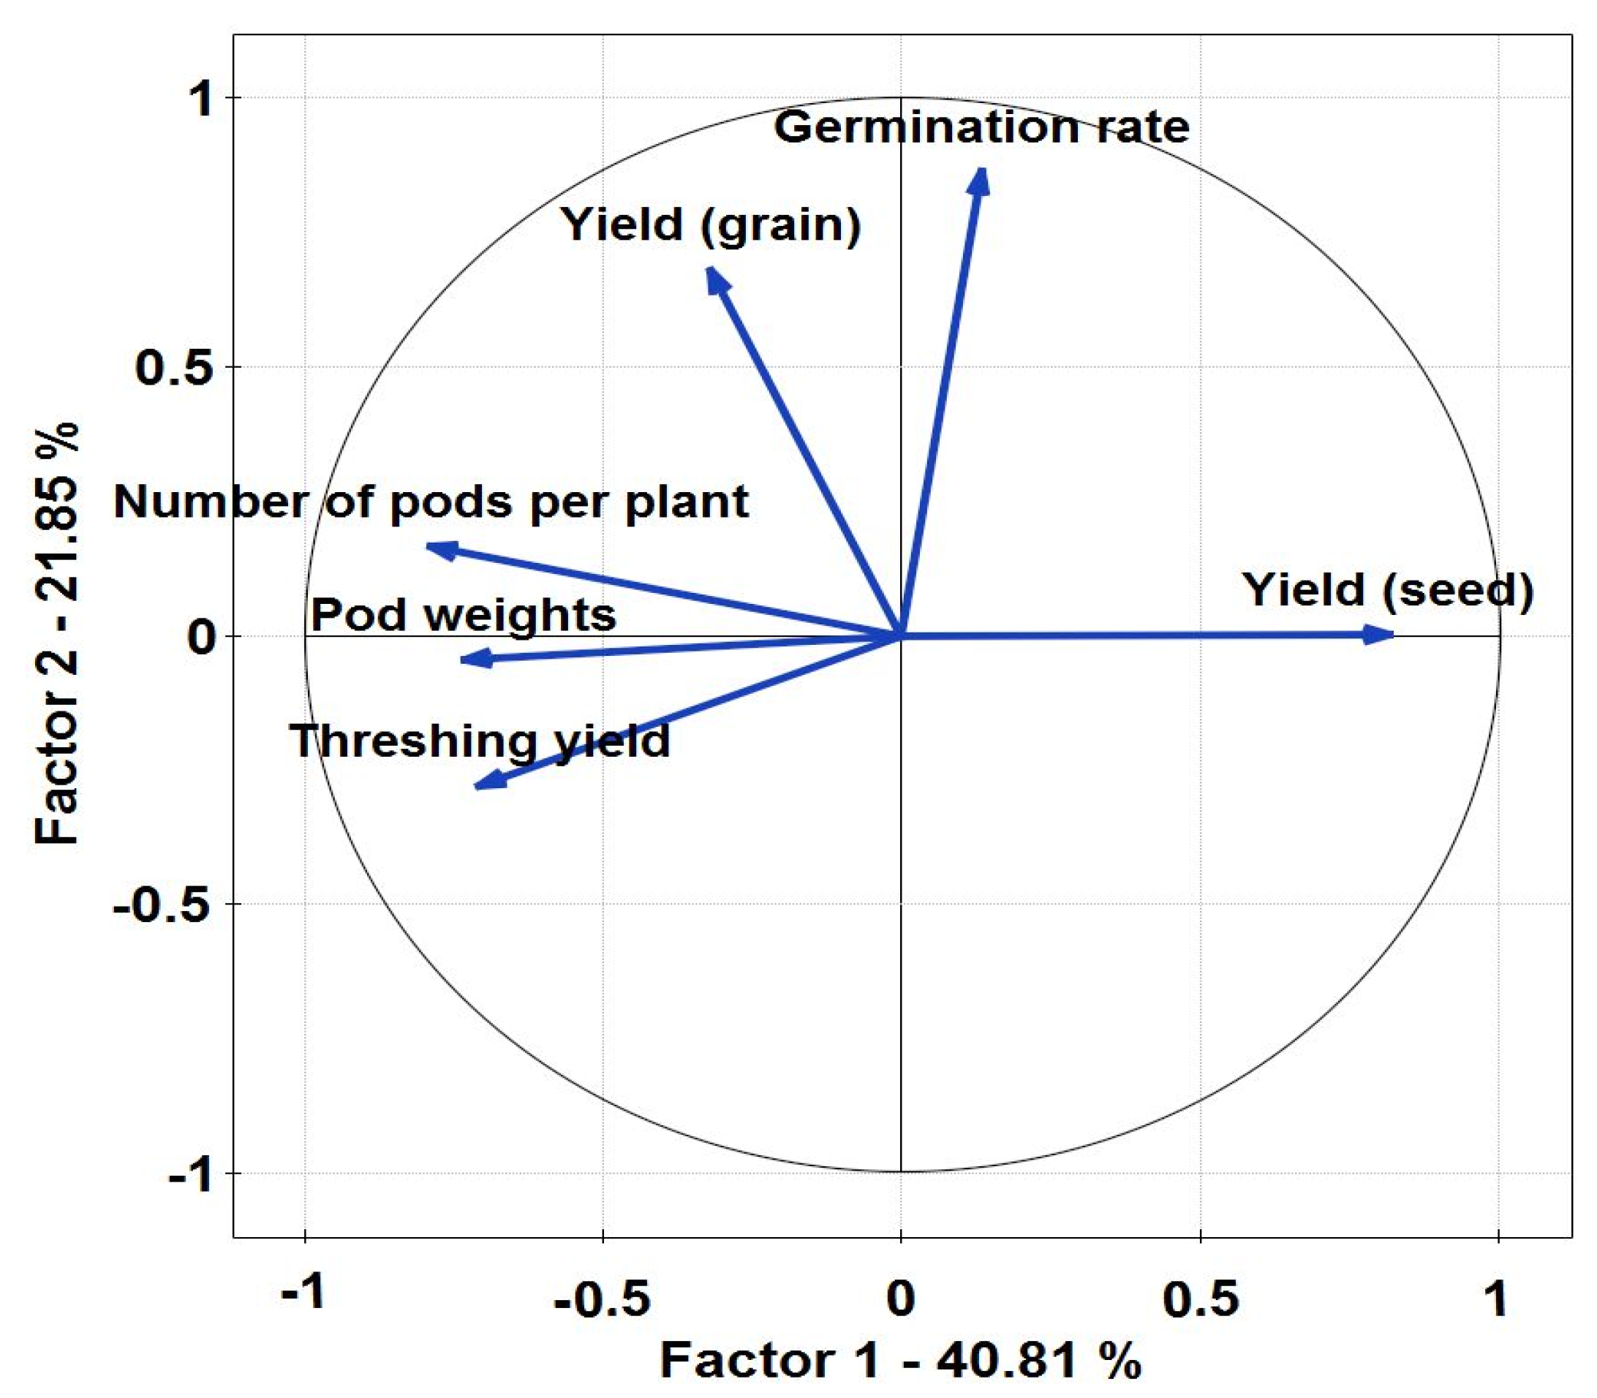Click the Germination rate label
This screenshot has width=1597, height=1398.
pyautogui.click(x=981, y=127)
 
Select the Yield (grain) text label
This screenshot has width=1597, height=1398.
pyautogui.click(x=711, y=224)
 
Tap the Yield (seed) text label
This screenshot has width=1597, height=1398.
pyautogui.click(x=1388, y=590)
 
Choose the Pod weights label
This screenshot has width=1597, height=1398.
pyautogui.click(x=464, y=616)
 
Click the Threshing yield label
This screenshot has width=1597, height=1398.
pyautogui.click(x=480, y=741)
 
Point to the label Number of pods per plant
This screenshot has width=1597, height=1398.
pyautogui.click(x=431, y=502)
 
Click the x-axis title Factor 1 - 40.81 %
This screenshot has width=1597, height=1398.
pyautogui.click(x=900, y=1362)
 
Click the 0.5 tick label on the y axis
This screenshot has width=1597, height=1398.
pyautogui.click(x=175, y=366)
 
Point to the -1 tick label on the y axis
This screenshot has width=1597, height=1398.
pyautogui.click(x=190, y=1174)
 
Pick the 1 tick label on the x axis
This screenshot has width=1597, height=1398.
pyautogui.click(x=1495, y=1298)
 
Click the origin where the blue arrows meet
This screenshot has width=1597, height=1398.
pyautogui.click(x=901, y=636)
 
